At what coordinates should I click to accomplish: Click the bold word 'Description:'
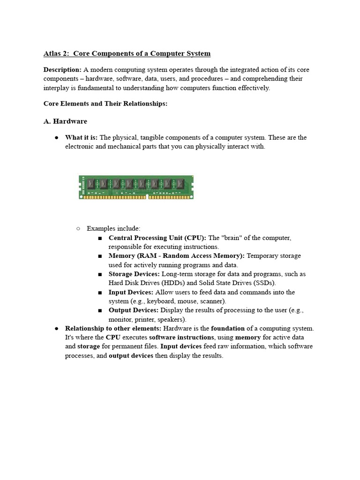pyautogui.click(x=62, y=69)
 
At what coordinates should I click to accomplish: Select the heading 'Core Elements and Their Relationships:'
pyautogui.click(x=105, y=104)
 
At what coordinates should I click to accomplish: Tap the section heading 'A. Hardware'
pyautogui.click(x=65, y=121)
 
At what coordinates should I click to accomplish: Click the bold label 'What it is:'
pyautogui.click(x=81, y=137)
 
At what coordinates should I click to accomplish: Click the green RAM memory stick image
pyautogui.click(x=136, y=187)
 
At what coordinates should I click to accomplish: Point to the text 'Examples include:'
pyautogui.click(x=113, y=228)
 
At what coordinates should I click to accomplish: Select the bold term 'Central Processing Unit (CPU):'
pyautogui.click(x=157, y=238)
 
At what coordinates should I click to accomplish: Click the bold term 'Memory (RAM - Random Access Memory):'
pyautogui.click(x=176, y=256)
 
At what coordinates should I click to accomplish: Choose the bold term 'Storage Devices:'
pyautogui.click(x=134, y=274)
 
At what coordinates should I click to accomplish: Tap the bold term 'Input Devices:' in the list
pyautogui.click(x=131, y=292)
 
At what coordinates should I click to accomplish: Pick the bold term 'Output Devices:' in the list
pyautogui.click(x=134, y=310)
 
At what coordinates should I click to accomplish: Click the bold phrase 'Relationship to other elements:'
pyautogui.click(x=113, y=329)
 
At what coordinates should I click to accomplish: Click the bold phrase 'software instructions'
pyautogui.click(x=181, y=337)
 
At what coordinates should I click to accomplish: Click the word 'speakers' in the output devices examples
pyautogui.click(x=173, y=320)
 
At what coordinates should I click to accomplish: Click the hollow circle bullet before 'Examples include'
pyautogui.click(x=78, y=228)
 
